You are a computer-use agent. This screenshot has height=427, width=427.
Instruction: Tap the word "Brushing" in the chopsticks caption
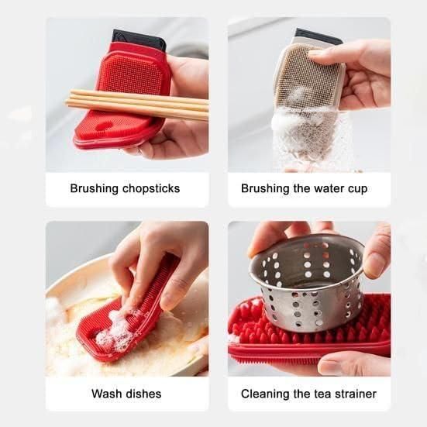pos(93,188)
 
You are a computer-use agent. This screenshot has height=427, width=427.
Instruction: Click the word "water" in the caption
pos(326,188)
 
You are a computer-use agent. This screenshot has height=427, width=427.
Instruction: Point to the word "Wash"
pos(107,394)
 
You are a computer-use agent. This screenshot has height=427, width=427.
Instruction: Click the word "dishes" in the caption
pos(143,394)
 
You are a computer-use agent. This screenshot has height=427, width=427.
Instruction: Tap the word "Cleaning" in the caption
pos(266,394)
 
